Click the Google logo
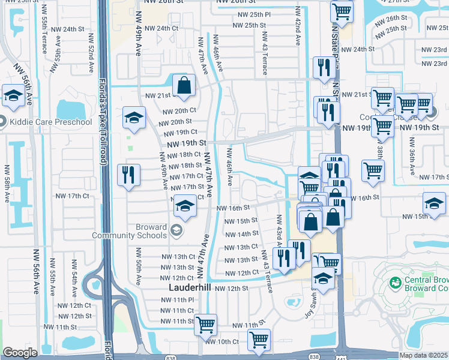[x=20, y=353]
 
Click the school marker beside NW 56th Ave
[x=13, y=95]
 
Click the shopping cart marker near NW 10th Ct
[x=259, y=340]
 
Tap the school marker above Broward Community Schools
[x=185, y=208]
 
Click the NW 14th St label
[x=240, y=234]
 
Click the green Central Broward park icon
[x=394, y=282]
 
